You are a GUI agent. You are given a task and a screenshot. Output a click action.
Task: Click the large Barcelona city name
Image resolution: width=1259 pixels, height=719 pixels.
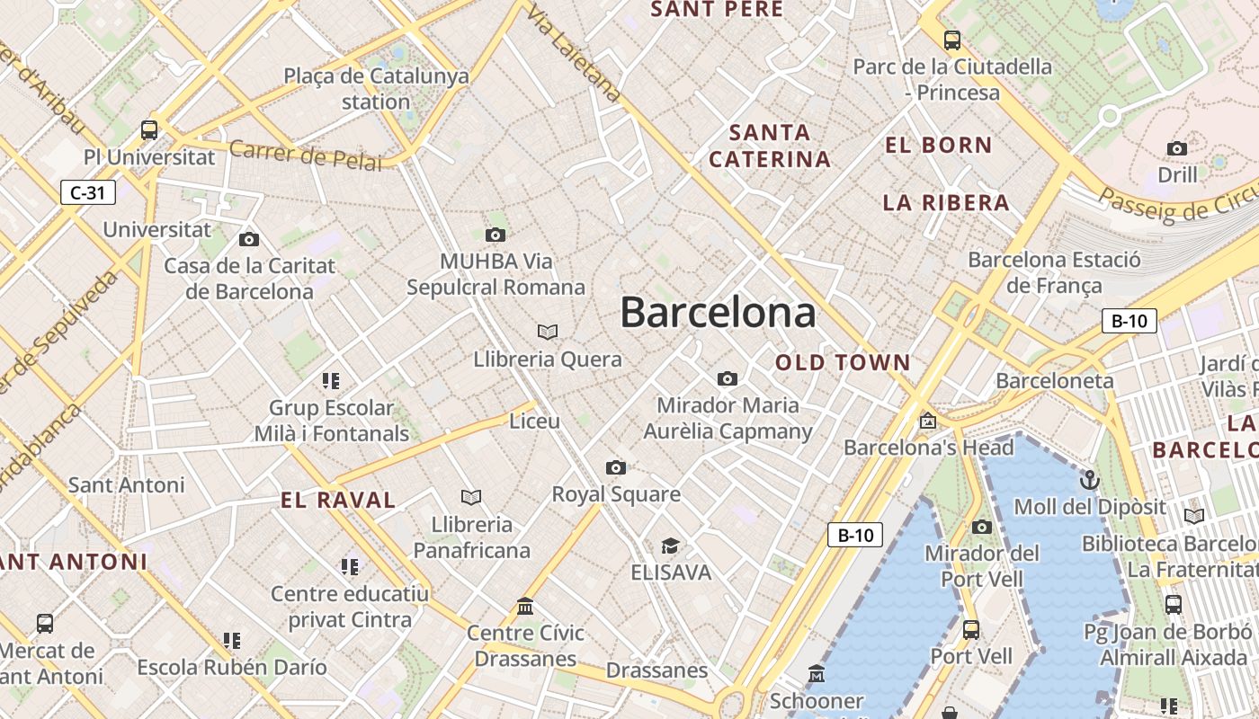718,313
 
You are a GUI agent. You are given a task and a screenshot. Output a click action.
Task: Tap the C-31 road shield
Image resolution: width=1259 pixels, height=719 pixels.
88,191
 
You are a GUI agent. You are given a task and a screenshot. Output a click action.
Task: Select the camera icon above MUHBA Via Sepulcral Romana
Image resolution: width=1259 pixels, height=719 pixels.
495,235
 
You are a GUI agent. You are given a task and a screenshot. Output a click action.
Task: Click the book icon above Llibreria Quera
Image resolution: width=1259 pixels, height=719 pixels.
548,332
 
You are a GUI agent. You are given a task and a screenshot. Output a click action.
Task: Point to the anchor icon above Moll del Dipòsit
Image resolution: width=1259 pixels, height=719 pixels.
1090,479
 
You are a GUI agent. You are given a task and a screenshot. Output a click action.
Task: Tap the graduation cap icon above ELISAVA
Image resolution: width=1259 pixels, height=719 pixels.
670,546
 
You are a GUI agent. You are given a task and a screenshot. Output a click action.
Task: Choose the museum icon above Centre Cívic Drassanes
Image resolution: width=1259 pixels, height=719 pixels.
525,606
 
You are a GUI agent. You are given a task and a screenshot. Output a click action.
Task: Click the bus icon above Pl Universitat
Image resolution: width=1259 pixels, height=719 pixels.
149,130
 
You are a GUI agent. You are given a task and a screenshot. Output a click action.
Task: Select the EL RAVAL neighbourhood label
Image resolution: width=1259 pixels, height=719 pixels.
338,501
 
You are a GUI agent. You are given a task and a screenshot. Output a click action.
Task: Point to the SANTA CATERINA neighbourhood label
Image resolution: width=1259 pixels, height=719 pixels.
769,146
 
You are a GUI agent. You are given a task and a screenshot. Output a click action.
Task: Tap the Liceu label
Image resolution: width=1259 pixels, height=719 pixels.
534,421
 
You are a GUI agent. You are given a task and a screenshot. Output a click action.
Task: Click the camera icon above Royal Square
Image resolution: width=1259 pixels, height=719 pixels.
616,467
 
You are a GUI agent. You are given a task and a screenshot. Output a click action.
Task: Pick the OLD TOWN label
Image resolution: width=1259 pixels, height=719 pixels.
843,363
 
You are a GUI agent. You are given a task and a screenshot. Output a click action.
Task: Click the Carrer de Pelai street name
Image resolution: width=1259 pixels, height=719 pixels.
306,155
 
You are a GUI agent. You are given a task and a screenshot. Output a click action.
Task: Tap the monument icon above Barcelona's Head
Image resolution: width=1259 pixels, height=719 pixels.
927,421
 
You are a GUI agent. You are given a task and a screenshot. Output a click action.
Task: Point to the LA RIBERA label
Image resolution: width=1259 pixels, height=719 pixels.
946,202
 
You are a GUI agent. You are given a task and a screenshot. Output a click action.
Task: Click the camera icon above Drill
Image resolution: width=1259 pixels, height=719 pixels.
1176,148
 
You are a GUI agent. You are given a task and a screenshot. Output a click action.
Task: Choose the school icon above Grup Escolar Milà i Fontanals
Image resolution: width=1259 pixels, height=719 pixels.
331,381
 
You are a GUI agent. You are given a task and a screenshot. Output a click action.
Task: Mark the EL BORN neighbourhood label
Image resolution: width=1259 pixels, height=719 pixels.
938,145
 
